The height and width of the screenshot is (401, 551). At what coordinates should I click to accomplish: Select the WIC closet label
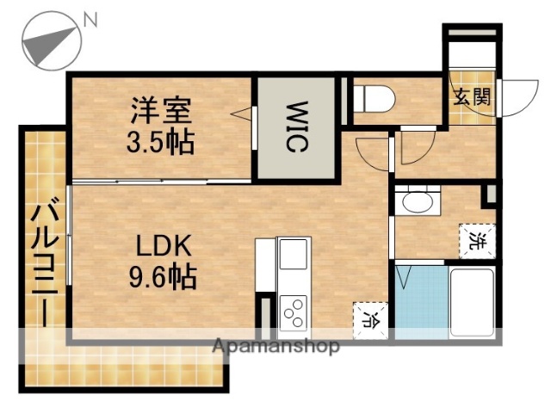click(x=296, y=127)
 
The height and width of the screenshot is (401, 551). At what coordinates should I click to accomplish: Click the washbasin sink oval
click(x=418, y=203)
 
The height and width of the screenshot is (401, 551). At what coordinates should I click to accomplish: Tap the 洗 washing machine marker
click(x=476, y=238)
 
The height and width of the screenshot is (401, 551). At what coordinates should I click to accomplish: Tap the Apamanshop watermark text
click(x=275, y=347)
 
